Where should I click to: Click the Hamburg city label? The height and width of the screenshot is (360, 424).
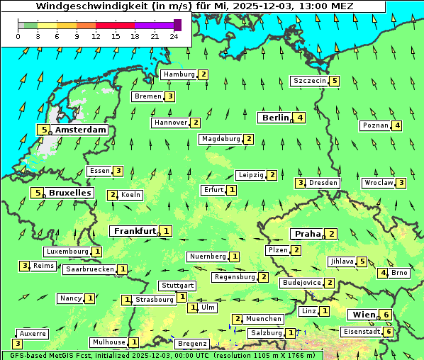point(179,74)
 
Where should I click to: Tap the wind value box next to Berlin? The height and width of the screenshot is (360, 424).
point(301,118)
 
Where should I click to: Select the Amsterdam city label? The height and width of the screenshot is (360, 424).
point(80,130)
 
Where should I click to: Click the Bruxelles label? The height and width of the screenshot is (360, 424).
point(69,193)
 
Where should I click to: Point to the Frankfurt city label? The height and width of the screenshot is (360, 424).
point(134,231)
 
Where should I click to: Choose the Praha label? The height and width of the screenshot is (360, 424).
point(308,234)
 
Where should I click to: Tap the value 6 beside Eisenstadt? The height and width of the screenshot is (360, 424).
point(389,332)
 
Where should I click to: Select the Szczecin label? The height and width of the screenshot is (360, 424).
point(310,81)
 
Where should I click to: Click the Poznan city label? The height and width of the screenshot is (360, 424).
point(375,126)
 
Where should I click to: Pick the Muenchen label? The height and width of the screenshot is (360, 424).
point(264,320)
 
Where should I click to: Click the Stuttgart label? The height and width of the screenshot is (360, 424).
point(177,286)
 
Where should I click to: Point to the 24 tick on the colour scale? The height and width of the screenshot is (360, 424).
point(174,35)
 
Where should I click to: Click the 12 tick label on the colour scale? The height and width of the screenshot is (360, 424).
point(96,35)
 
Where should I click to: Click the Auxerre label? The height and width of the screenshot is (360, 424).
point(33,333)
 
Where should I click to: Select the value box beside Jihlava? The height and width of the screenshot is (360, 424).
point(362,261)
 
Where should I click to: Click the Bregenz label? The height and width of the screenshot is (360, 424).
point(191,344)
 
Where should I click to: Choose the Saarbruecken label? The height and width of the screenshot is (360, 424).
point(89,269)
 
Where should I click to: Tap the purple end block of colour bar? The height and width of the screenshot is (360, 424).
point(177,25)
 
